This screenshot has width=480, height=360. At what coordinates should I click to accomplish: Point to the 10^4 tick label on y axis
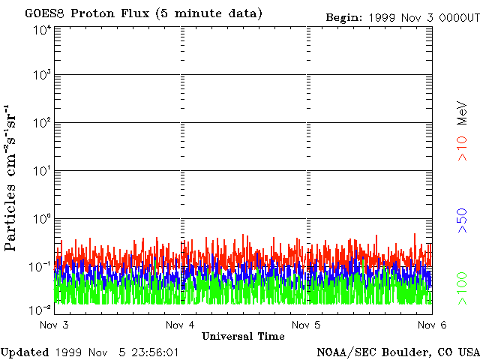click(x=41, y=30)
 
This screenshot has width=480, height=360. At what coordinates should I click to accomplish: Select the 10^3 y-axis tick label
click(x=41, y=76)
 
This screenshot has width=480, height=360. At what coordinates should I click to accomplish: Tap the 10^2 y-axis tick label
click(x=41, y=124)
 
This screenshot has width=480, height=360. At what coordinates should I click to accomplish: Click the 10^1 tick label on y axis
click(x=41, y=172)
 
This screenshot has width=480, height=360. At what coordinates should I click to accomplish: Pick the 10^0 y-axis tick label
click(x=41, y=220)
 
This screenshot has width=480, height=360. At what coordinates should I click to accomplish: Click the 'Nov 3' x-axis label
click(x=54, y=325)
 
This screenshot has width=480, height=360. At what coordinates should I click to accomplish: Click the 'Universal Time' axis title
click(x=243, y=336)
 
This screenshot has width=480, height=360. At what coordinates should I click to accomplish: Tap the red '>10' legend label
click(x=463, y=148)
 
